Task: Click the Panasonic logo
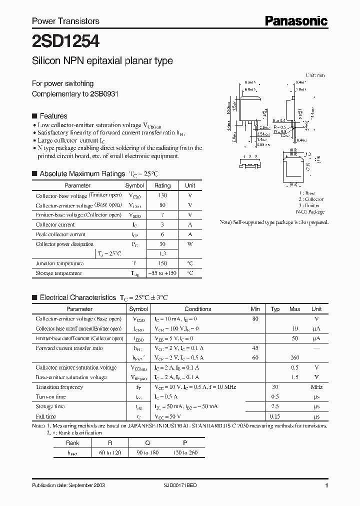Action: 295,20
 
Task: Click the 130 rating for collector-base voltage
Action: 162,195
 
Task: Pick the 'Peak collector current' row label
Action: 60,234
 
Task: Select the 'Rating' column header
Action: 162,185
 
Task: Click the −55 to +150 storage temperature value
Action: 162,273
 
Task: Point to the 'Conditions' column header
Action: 198,309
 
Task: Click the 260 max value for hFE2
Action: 295,358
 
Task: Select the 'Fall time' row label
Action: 46,416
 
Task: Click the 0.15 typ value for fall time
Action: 275,416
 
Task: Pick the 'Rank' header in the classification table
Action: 72,442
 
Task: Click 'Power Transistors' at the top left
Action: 65,21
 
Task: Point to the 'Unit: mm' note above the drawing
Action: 315,75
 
